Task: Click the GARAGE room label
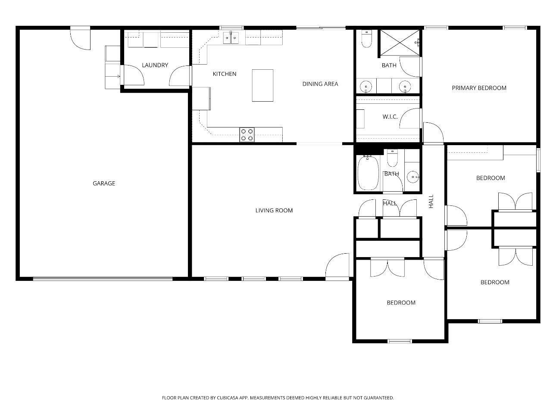coord(104,183)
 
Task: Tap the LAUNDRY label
coord(155,65)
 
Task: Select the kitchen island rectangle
coord(262,85)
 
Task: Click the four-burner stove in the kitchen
coord(247,135)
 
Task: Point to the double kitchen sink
coord(231,38)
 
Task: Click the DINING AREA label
coord(320,84)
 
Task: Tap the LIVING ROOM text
coord(274,210)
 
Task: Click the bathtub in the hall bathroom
coord(368,173)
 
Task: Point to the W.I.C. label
coord(390,117)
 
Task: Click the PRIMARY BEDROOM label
coord(479,88)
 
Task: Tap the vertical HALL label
coord(431,201)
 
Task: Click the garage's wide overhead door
coord(103,279)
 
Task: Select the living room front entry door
coord(337,267)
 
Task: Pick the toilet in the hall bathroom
coord(392,158)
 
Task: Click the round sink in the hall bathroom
coord(413,177)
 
